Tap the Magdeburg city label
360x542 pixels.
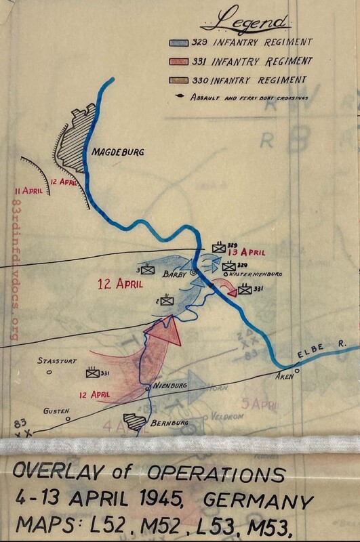119,153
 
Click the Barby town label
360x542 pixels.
175,276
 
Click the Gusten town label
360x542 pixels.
56,411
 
